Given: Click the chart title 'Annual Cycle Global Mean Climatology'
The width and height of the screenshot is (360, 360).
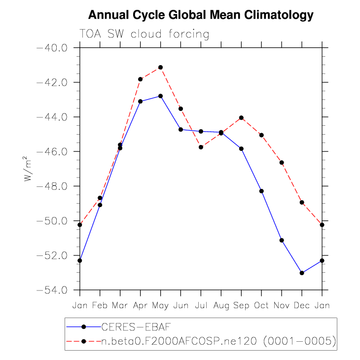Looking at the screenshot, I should (201, 15).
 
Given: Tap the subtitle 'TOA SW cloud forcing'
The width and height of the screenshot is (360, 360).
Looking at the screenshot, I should (144, 34).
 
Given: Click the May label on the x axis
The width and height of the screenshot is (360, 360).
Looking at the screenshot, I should (160, 305).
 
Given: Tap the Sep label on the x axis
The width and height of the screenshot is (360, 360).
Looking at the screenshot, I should (241, 305).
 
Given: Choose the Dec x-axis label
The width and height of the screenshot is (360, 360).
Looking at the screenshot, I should (302, 305).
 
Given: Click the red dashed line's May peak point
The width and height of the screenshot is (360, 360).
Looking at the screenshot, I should (160, 67).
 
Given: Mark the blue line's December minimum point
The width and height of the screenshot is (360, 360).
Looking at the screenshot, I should (302, 273).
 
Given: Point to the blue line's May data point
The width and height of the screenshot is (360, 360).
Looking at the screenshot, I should (160, 96).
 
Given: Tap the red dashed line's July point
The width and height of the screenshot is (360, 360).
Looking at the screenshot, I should (201, 147).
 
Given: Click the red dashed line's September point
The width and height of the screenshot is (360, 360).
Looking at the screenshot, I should (241, 117).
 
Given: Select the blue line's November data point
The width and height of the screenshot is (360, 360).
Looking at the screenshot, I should (282, 240).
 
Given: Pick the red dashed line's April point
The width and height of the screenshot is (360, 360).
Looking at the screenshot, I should (140, 79).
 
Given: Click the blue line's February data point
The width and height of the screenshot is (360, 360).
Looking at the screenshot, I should (100, 205).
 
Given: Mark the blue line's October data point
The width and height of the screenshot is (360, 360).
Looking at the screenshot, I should (261, 191).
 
